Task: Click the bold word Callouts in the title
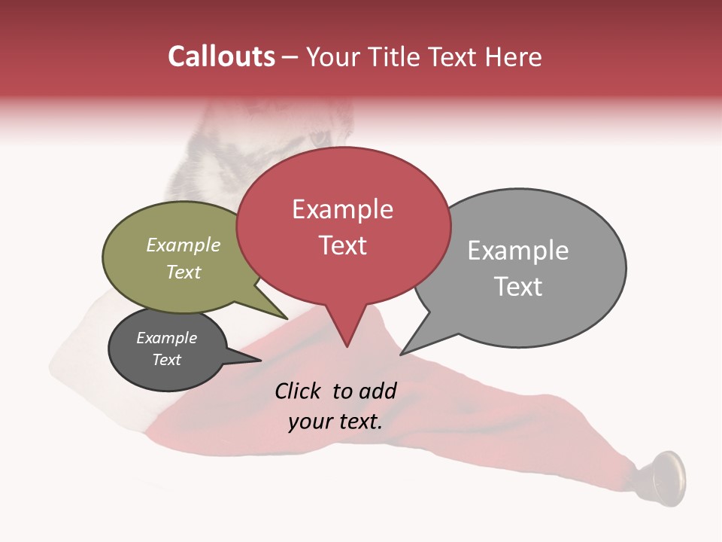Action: [x=222, y=56]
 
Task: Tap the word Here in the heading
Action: [x=514, y=56]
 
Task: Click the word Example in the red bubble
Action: [x=342, y=209]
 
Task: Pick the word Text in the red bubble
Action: [x=342, y=245]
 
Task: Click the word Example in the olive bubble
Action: [x=184, y=245]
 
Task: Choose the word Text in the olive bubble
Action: [x=184, y=273]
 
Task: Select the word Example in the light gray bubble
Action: [x=518, y=251]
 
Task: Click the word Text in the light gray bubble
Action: [x=518, y=287]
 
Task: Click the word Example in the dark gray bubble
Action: [x=166, y=338]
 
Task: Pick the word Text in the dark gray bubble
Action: [x=166, y=360]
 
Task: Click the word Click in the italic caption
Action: [x=299, y=391]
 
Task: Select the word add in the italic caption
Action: [x=378, y=391]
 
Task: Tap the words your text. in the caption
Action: [x=335, y=422]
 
